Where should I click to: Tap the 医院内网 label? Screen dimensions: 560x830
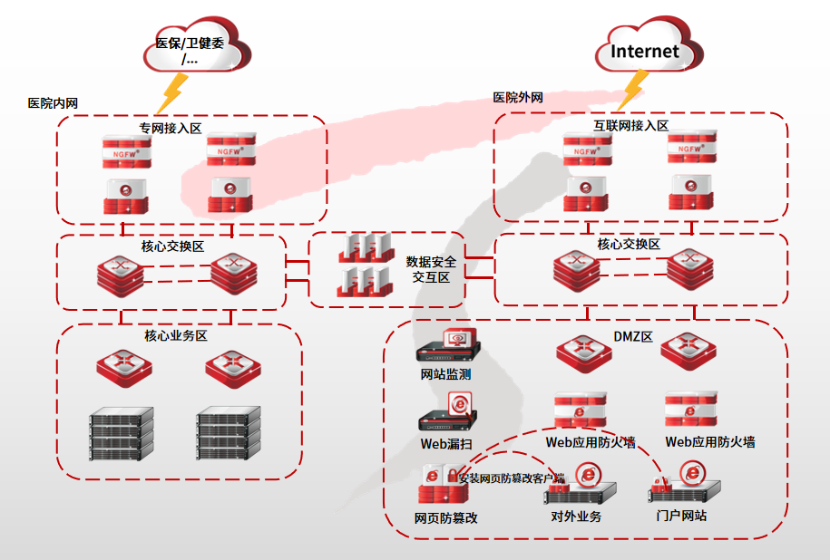53,103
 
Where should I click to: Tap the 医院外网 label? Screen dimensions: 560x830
518,97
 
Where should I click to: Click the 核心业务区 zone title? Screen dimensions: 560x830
176,336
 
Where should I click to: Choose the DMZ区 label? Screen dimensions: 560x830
633,337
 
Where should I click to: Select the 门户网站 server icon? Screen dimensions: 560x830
686,486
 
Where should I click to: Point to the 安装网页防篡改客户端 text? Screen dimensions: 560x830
512,478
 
